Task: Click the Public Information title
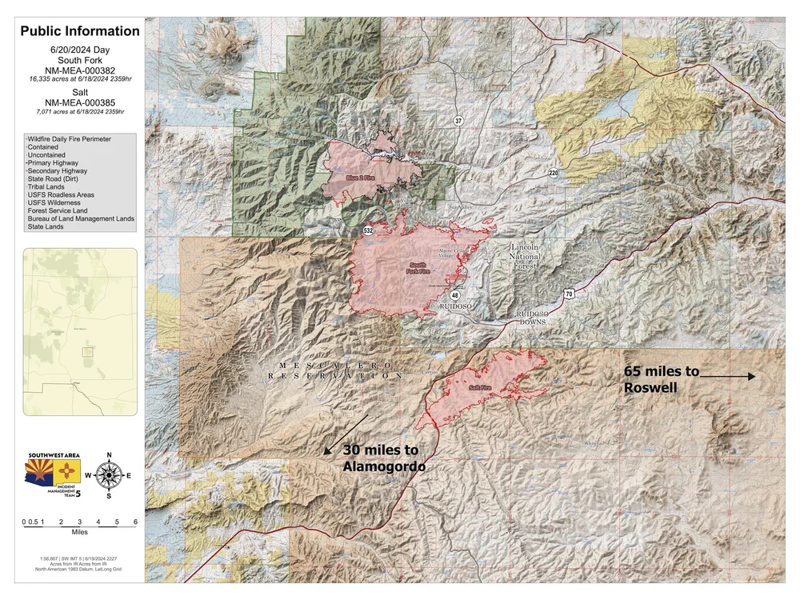point(80,32)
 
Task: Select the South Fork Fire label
point(419,268)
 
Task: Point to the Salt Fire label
point(480,388)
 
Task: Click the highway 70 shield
point(567,294)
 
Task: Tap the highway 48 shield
point(454,295)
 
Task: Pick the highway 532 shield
point(368,230)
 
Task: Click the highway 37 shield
point(458,121)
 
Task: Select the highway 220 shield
point(554,173)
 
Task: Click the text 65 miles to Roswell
point(661,379)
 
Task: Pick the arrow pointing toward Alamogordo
point(346,434)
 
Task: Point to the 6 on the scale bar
point(135,522)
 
